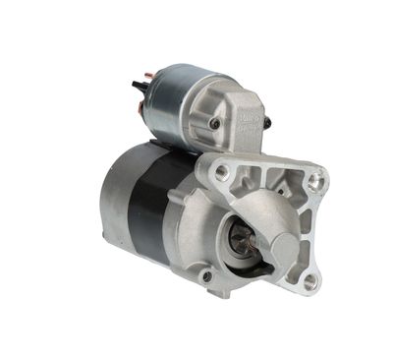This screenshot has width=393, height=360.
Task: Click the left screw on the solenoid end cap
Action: (214, 125)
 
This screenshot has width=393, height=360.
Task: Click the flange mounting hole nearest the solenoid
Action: (222, 171)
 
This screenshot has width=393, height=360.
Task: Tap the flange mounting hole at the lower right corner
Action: (311, 281)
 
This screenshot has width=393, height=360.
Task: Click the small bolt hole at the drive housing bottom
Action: (206, 276)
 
